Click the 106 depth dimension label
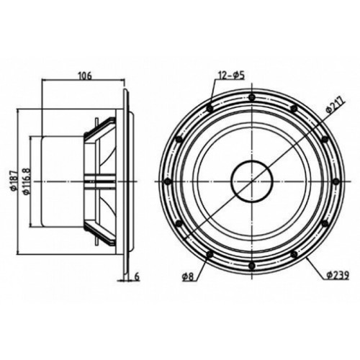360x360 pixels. pos(85,76)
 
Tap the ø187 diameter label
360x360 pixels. pos(14,181)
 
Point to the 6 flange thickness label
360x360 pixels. pos(137,276)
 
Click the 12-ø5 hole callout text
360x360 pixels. pos(231,76)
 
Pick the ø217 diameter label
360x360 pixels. pos(335,104)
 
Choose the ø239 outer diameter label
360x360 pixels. pos(337,275)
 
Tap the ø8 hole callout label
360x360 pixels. pos(187,277)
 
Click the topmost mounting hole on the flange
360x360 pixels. pos(251,97)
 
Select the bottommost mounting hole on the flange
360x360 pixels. pos(251,266)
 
